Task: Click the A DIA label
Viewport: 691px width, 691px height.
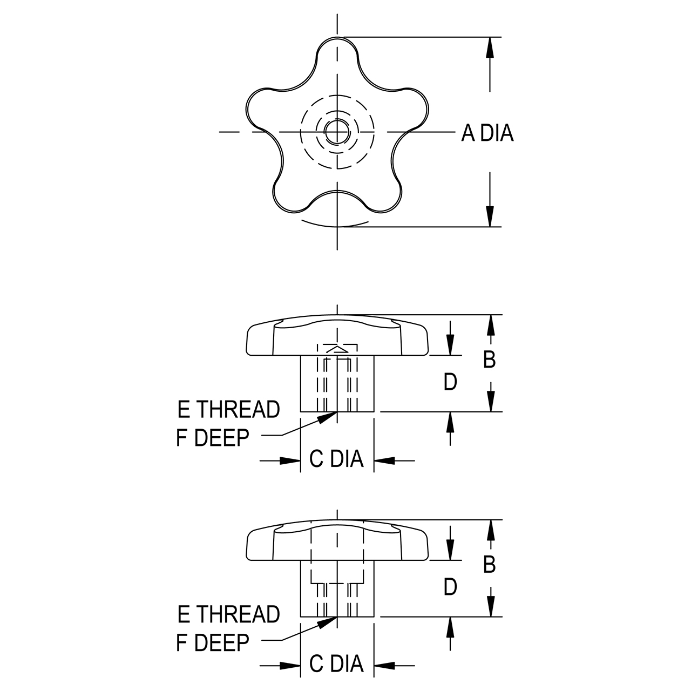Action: pyautogui.click(x=487, y=133)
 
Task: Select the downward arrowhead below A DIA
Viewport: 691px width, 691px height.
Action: pyautogui.click(x=490, y=216)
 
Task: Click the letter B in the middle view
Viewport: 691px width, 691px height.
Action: pyautogui.click(x=489, y=360)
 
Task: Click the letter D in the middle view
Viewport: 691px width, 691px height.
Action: pyautogui.click(x=450, y=382)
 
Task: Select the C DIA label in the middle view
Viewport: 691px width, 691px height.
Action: pyautogui.click(x=336, y=459)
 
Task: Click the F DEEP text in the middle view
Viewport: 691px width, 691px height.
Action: pyautogui.click(x=213, y=438)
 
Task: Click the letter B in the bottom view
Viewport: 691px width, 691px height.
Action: pyautogui.click(x=489, y=565)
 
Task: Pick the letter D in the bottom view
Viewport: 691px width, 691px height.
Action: pyautogui.click(x=450, y=587)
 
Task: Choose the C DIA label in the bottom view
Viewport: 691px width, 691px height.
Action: pyautogui.click(x=336, y=664)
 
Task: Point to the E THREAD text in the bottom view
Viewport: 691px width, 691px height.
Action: pyautogui.click(x=229, y=615)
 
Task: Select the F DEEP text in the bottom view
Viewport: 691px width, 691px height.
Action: pyautogui.click(x=213, y=642)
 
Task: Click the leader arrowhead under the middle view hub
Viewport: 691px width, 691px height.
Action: pyautogui.click(x=327, y=417)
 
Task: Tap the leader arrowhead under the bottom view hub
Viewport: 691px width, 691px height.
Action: pyautogui.click(x=327, y=622)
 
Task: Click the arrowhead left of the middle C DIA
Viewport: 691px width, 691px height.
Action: pyautogui.click(x=292, y=460)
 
